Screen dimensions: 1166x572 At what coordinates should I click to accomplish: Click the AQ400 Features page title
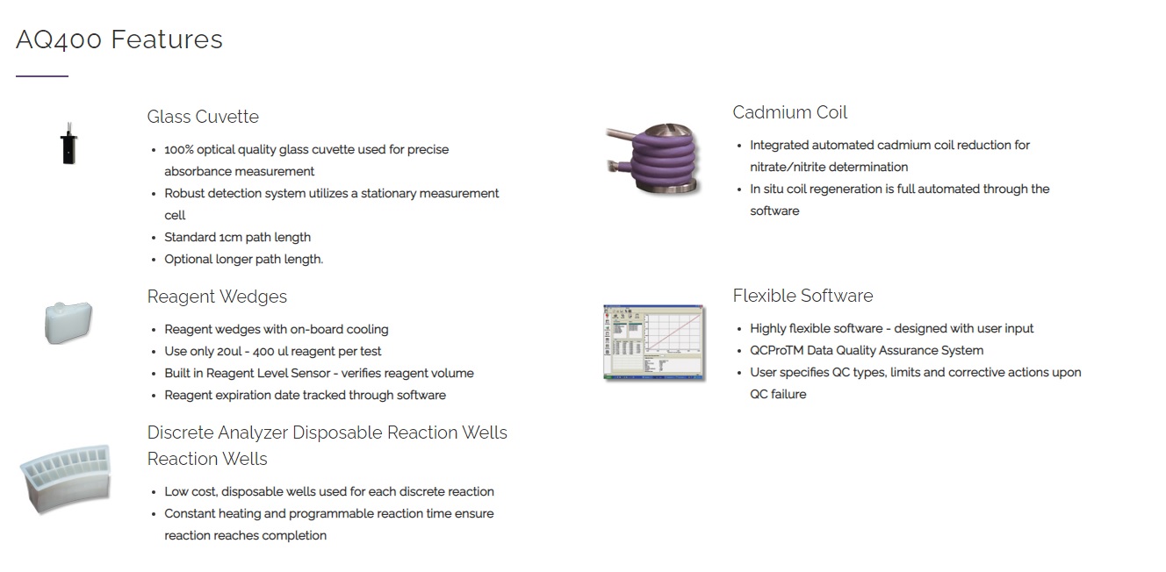pyautogui.click(x=119, y=39)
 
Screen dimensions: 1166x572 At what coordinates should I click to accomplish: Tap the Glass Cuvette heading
pyautogui.click(x=203, y=117)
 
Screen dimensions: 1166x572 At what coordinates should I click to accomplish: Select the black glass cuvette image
pyautogui.click(x=68, y=145)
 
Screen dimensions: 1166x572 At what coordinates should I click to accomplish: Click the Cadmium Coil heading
pyautogui.click(x=789, y=112)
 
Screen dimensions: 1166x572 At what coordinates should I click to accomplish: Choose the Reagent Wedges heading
pyautogui.click(x=217, y=297)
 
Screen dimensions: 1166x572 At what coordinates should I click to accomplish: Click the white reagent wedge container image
pyautogui.click(x=68, y=322)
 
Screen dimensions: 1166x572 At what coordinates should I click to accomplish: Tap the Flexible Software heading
pyautogui.click(x=803, y=296)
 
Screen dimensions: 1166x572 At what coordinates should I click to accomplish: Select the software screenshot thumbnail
pyautogui.click(x=653, y=342)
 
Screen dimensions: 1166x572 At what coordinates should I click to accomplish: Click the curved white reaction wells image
pyautogui.click(x=66, y=479)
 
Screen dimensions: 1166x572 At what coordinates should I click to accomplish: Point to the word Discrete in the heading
pyautogui.click(x=180, y=433)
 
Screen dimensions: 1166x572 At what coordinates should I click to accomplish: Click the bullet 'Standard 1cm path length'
pyautogui.click(x=237, y=237)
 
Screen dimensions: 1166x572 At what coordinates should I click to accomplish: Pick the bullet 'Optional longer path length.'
pyautogui.click(x=243, y=259)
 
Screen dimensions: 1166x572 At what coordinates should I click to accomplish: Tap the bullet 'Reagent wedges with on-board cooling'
pyautogui.click(x=277, y=329)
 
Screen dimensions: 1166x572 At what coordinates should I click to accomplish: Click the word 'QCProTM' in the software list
pyautogui.click(x=777, y=350)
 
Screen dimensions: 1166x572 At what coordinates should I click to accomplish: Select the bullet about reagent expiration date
pyautogui.click(x=305, y=395)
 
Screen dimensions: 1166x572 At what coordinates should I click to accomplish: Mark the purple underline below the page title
pyautogui.click(x=42, y=76)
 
